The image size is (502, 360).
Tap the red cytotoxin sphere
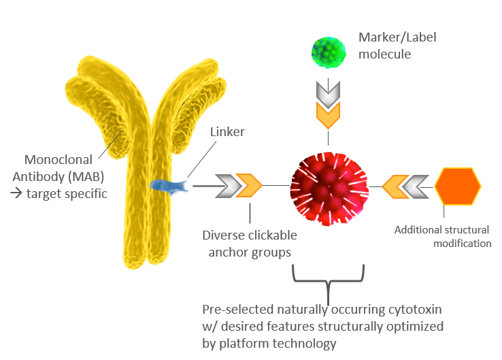tap(329, 184)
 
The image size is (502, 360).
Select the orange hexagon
tap(458, 185)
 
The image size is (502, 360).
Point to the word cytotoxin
tap(414, 309)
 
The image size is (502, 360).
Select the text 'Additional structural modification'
tap(443, 236)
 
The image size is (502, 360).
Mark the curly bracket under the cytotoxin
tap(329, 279)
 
